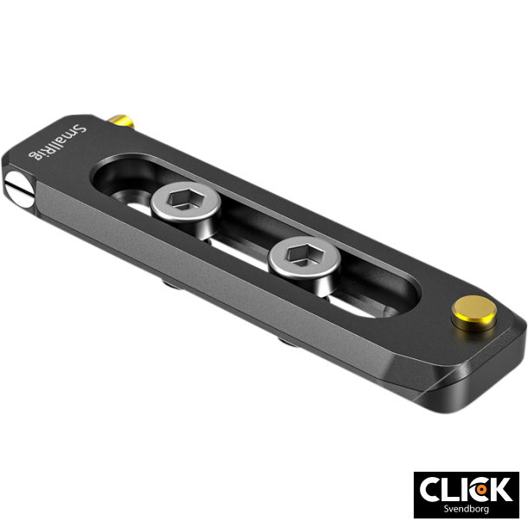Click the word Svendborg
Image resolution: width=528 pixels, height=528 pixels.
[x=466, y=512]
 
